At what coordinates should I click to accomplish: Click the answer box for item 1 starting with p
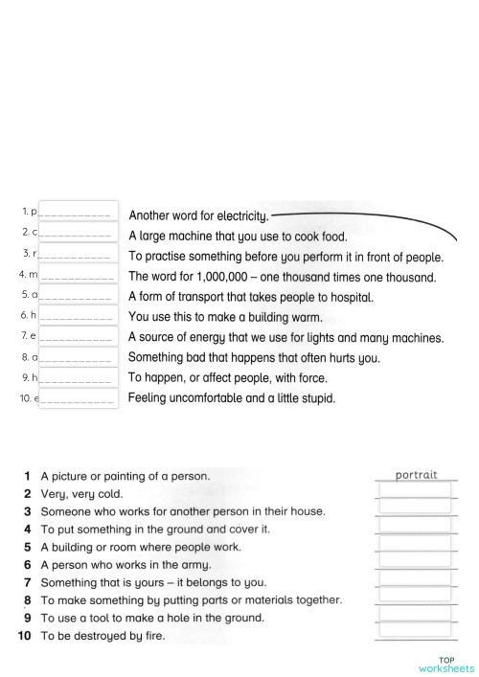(x=78, y=212)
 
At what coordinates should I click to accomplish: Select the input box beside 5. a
(x=78, y=295)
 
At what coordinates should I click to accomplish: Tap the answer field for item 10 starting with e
(x=78, y=398)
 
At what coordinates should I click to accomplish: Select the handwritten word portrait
(x=416, y=474)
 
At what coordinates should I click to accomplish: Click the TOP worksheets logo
(x=445, y=664)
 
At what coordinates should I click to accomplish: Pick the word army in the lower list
(x=194, y=565)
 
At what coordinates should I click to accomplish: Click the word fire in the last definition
(x=151, y=636)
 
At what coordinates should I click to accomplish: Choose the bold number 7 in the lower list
(x=28, y=582)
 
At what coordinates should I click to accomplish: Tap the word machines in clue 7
(x=416, y=338)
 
